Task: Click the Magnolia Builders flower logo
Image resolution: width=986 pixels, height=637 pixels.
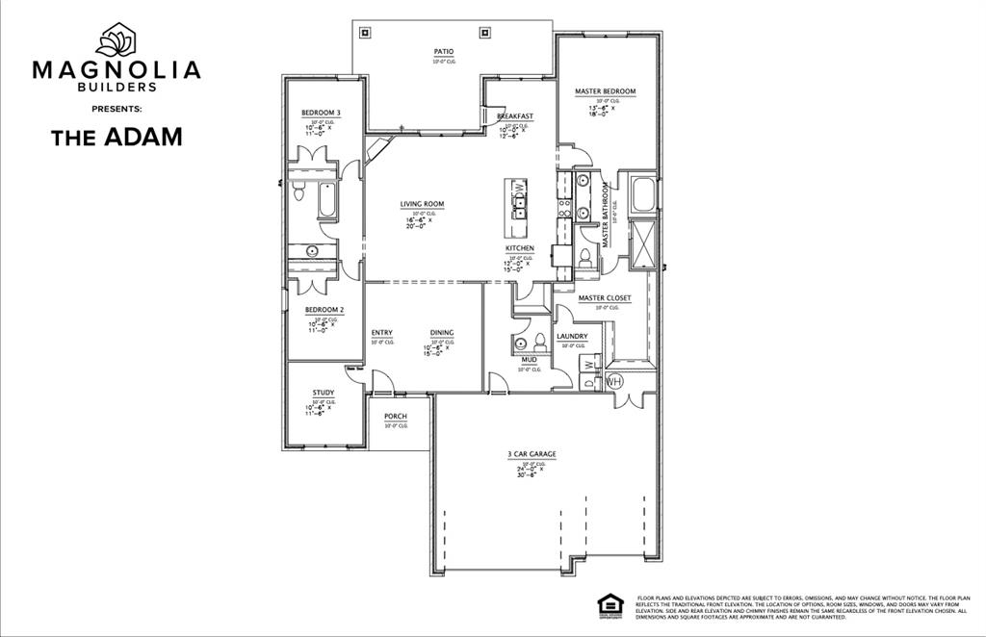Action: [117, 39]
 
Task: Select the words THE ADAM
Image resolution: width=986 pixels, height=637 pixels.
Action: [117, 137]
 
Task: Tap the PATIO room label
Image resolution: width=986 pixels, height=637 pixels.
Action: [444, 52]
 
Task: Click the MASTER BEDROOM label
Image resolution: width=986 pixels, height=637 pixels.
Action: [605, 91]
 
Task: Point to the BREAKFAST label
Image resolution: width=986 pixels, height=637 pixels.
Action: [515, 116]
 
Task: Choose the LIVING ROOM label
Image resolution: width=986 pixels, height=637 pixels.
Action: [422, 204]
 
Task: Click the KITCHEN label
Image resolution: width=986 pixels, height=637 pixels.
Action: [520, 248]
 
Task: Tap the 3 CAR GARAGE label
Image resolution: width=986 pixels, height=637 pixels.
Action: [532, 454]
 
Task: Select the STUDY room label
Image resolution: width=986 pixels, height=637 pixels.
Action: [324, 393]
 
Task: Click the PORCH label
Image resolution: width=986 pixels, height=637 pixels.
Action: [395, 417]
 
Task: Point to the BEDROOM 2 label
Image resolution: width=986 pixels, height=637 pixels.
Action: [324, 310]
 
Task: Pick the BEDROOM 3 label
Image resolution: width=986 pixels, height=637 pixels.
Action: [321, 113]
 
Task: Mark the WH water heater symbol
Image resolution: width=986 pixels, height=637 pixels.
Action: [613, 381]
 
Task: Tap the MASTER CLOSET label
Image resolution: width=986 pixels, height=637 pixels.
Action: [605, 298]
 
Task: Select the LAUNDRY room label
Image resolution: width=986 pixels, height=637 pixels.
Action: [572, 337]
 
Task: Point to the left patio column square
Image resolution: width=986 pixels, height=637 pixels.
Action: [364, 32]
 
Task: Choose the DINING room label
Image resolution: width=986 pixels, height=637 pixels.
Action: [442, 333]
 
